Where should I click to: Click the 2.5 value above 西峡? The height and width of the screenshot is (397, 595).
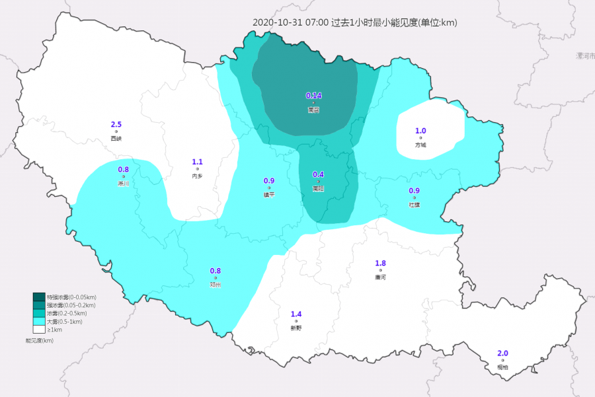(x=116, y=124)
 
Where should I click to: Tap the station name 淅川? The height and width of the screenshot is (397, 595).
(x=123, y=184)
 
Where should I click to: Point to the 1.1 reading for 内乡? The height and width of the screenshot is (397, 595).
(x=197, y=162)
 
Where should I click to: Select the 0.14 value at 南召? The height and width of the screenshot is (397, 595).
(x=313, y=96)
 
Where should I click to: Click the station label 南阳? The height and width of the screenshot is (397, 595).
(x=318, y=188)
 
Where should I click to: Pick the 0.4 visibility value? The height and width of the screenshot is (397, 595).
(x=318, y=174)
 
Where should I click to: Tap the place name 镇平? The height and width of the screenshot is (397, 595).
(x=269, y=195)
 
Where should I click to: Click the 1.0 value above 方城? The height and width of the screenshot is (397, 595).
(x=420, y=131)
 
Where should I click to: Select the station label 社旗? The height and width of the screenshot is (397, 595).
(x=415, y=205)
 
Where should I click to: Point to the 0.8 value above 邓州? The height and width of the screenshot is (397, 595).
(x=216, y=271)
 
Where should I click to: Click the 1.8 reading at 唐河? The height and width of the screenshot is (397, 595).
(x=381, y=264)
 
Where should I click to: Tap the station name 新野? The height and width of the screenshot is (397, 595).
(x=296, y=328)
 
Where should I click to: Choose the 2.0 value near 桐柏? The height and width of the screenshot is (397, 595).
(x=502, y=353)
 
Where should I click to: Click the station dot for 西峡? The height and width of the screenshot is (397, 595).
(x=116, y=131)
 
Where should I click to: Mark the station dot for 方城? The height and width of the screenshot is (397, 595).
(x=420, y=138)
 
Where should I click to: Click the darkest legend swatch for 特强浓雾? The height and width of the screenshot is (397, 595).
(x=39, y=297)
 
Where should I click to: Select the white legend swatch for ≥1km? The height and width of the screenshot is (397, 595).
(x=39, y=328)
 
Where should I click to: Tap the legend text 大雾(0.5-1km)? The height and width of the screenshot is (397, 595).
(x=65, y=321)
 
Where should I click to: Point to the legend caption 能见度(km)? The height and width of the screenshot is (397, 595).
(x=39, y=340)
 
